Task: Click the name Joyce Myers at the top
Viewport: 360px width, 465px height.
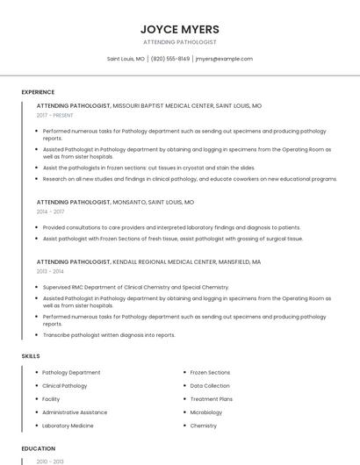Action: (x=180, y=29)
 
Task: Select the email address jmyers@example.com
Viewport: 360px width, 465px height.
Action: (x=224, y=59)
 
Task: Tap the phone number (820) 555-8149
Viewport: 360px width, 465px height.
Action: (x=170, y=59)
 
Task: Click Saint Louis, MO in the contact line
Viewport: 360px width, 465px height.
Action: (x=126, y=59)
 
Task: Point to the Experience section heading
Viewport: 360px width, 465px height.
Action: (x=38, y=92)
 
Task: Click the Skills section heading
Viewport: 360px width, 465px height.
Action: (x=31, y=356)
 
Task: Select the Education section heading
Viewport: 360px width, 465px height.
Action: (x=38, y=447)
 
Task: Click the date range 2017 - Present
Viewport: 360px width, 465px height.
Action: (x=55, y=115)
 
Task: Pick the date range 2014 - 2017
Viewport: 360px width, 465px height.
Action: (x=50, y=211)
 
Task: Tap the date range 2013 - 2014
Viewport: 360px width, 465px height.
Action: (x=50, y=271)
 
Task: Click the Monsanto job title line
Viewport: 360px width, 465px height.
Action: (x=115, y=202)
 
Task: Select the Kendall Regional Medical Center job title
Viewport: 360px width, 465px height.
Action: (x=148, y=261)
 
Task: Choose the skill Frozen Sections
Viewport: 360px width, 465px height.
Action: (x=210, y=373)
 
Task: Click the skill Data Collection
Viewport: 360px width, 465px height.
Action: (x=210, y=386)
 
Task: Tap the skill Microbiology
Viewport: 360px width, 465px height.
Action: (x=206, y=412)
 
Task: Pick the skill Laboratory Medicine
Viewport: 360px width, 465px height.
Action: (x=68, y=426)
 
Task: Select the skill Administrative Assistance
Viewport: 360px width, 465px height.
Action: (x=75, y=412)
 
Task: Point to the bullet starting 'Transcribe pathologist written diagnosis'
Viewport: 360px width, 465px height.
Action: (x=109, y=334)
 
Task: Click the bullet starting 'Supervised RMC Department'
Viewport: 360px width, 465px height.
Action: (x=135, y=287)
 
